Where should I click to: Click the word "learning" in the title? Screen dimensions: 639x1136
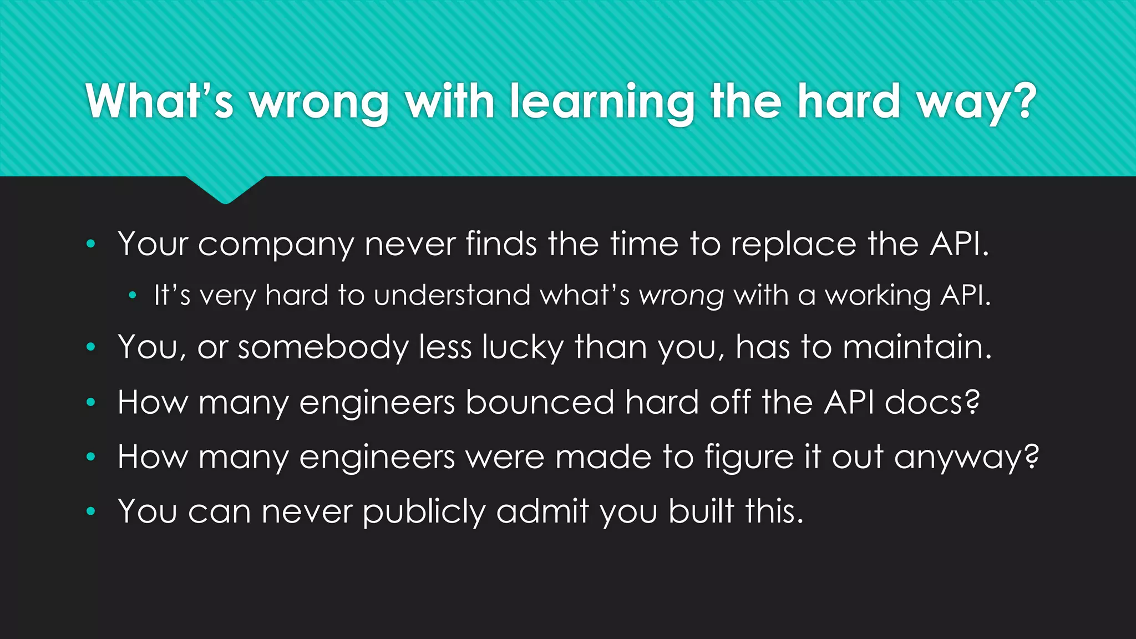(602, 103)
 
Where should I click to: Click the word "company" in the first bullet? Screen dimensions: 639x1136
(276, 245)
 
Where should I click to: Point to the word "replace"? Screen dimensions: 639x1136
(794, 245)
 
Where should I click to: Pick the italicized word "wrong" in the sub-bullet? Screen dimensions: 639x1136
(682, 296)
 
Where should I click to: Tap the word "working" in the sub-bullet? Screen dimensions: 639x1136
(878, 296)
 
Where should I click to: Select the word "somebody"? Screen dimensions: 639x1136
(323, 348)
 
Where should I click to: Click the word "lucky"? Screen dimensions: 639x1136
(523, 348)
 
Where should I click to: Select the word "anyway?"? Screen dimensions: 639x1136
(966, 458)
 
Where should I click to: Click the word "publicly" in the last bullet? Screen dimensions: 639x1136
(424, 511)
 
